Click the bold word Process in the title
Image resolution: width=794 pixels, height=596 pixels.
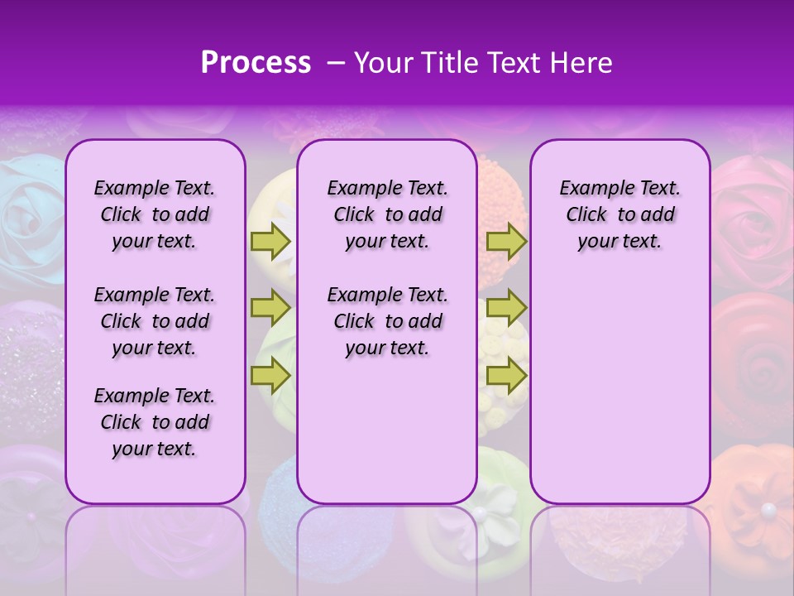pyautogui.click(x=256, y=63)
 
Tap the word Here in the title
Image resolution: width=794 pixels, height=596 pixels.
pyautogui.click(x=580, y=63)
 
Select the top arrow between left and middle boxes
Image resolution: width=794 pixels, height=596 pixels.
pyautogui.click(x=270, y=242)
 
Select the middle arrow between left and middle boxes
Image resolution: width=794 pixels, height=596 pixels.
pyautogui.click(x=270, y=309)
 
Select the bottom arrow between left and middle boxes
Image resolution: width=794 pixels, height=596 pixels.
pyautogui.click(x=270, y=375)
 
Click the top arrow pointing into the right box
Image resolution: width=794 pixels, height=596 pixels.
pyautogui.click(x=506, y=242)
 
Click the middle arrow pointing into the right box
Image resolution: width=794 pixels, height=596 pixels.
pyautogui.click(x=506, y=309)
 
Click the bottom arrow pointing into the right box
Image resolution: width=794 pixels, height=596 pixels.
pyautogui.click(x=506, y=375)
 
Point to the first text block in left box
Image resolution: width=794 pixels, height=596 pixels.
pyautogui.click(x=155, y=214)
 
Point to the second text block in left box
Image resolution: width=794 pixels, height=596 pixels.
pyautogui.click(x=155, y=321)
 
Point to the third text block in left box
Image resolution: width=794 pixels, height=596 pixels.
pyautogui.click(x=155, y=422)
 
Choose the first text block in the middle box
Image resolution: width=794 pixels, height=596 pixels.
pyautogui.click(x=387, y=214)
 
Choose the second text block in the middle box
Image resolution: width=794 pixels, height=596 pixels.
pyautogui.click(x=387, y=321)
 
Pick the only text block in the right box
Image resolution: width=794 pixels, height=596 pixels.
pyautogui.click(x=619, y=214)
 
